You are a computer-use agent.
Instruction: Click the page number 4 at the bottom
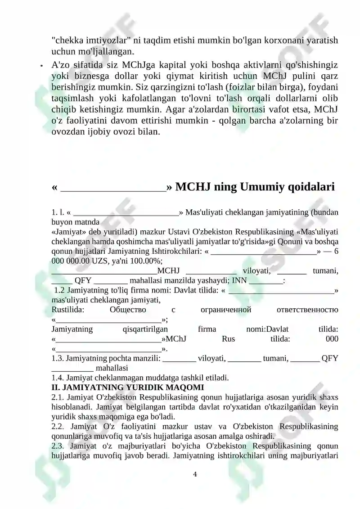point(195,474)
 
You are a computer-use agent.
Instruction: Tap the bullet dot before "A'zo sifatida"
point(41,66)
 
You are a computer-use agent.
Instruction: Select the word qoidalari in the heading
point(313,186)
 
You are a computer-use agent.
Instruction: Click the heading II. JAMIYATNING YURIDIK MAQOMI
point(128,387)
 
